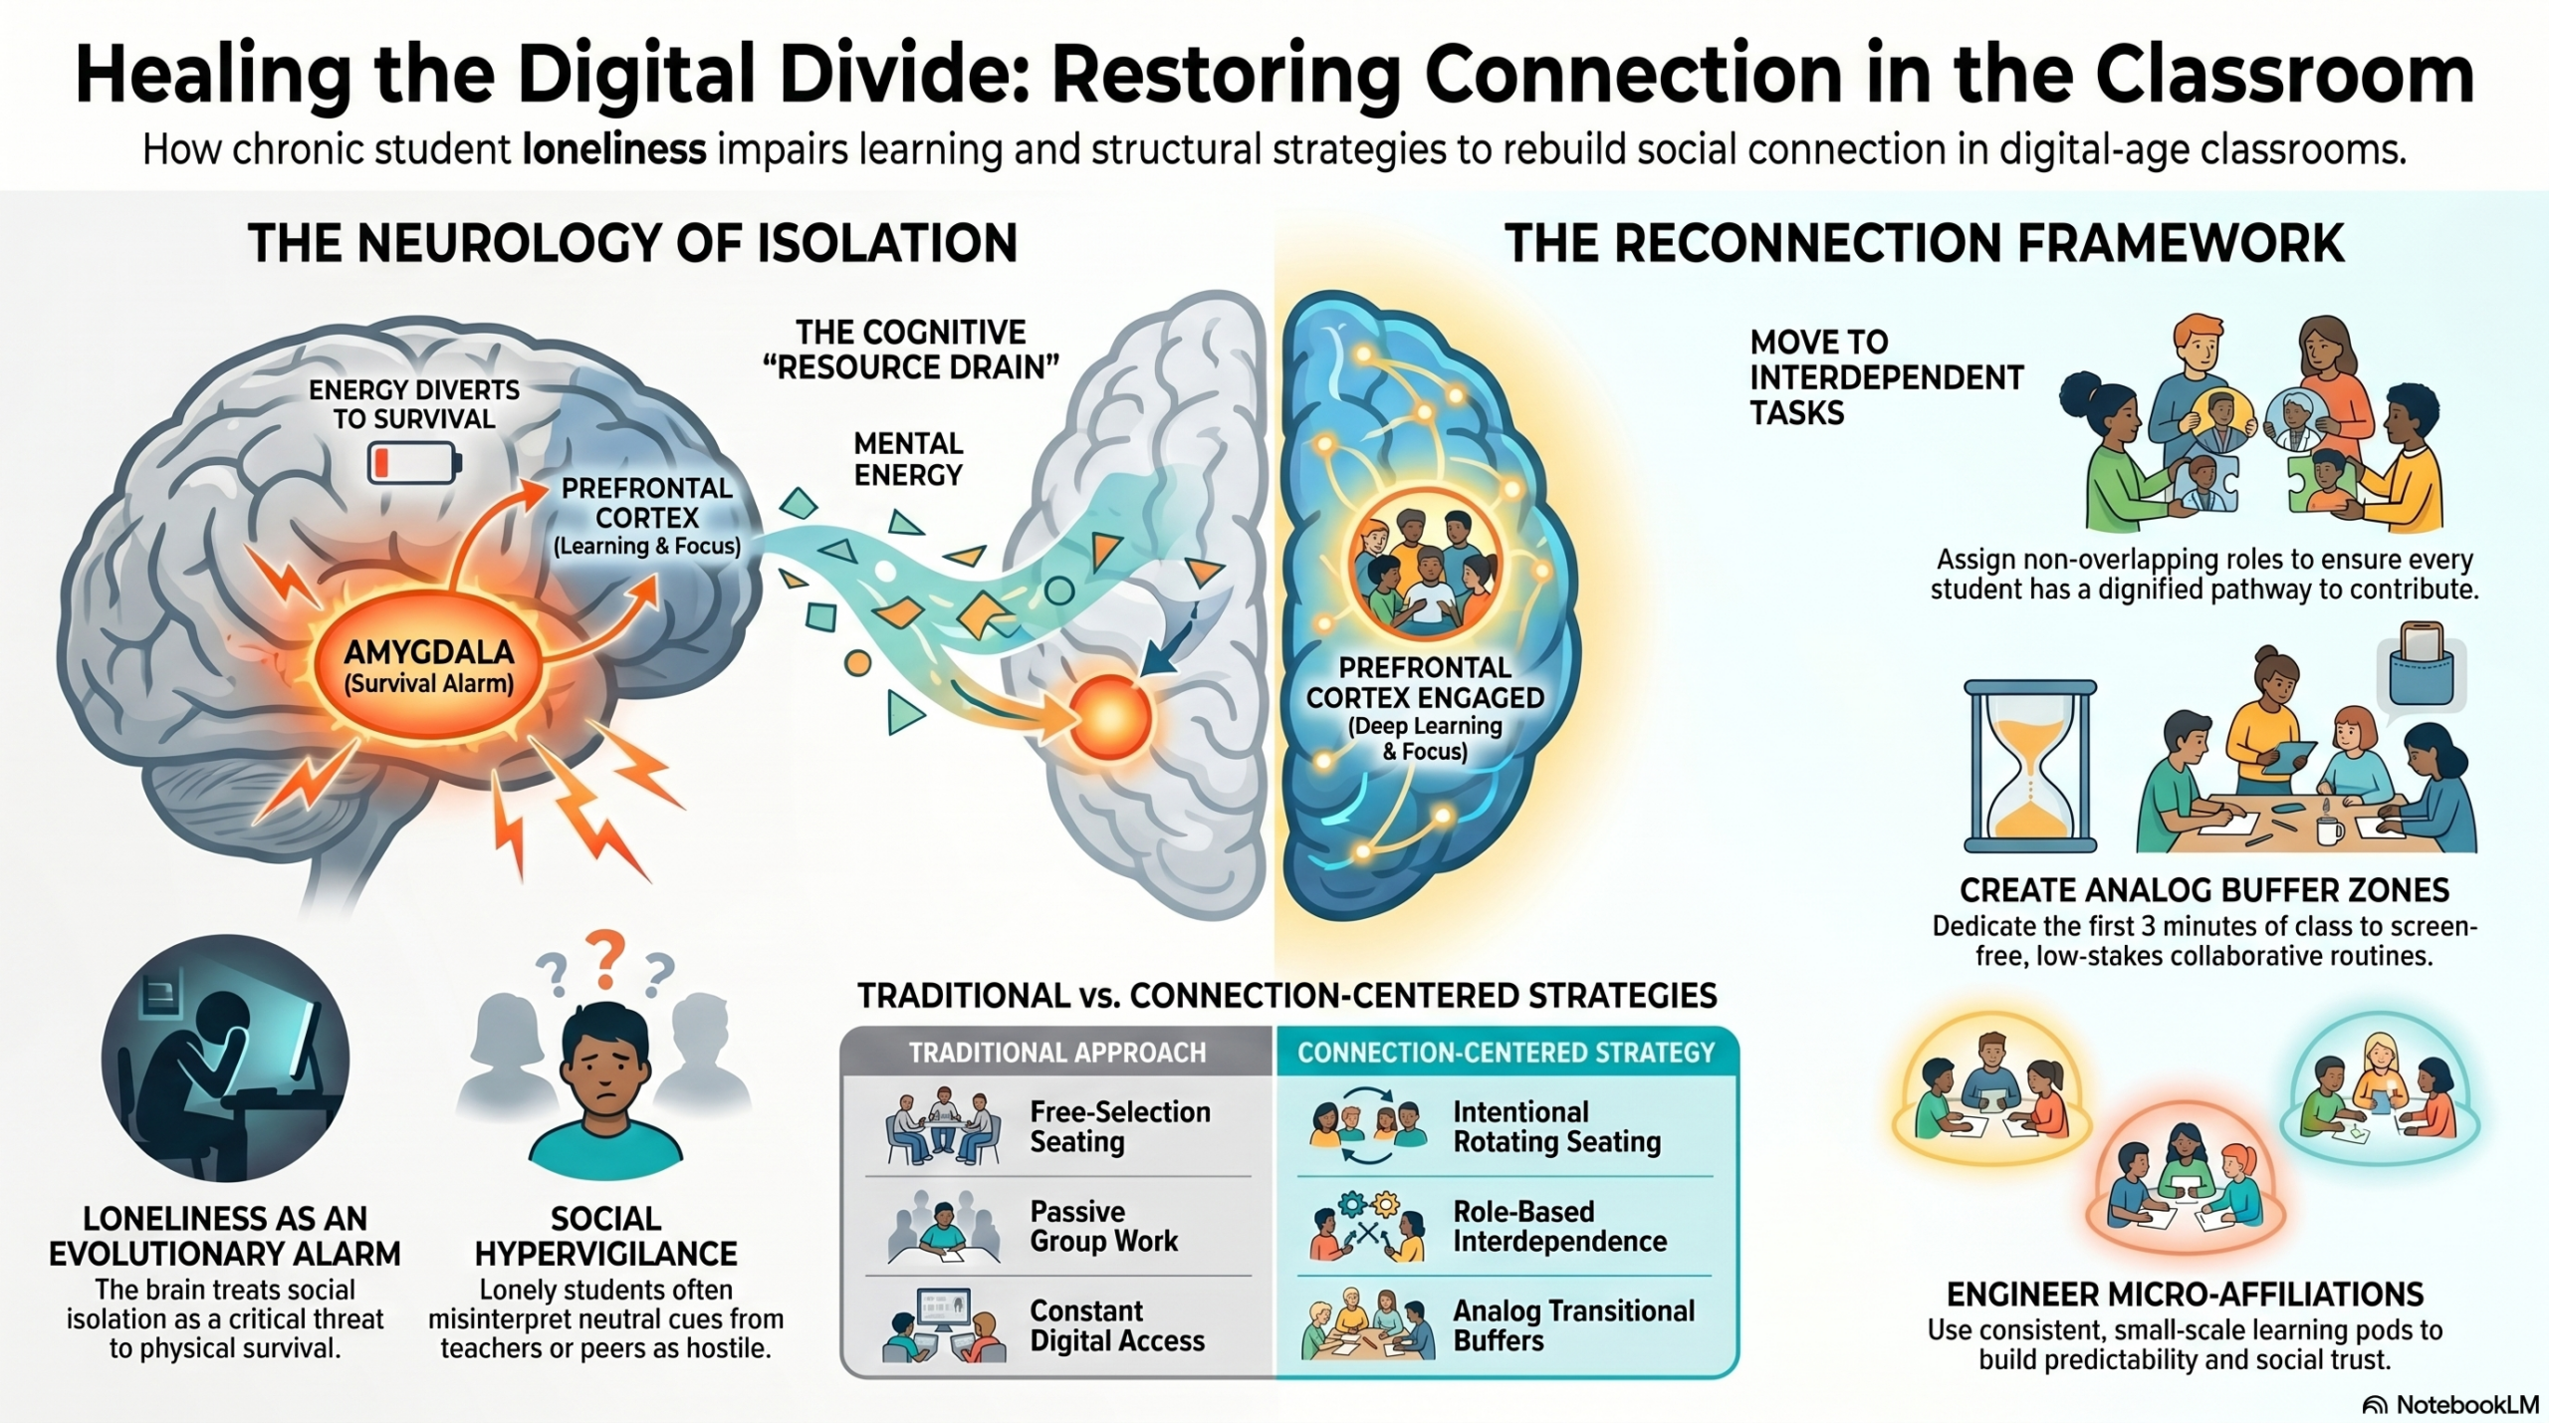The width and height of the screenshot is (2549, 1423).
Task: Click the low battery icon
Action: (x=414, y=463)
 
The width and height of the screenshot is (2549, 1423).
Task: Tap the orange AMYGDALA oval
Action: (x=429, y=667)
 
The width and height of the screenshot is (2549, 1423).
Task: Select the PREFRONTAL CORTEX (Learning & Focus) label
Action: (x=647, y=517)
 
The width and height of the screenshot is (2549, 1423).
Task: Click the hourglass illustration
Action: (x=2030, y=766)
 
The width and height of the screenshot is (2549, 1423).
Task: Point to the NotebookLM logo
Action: (x=2449, y=1404)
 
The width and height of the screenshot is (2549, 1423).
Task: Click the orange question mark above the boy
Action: (x=604, y=959)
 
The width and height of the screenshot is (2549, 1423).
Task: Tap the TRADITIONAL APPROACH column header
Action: (x=1057, y=1053)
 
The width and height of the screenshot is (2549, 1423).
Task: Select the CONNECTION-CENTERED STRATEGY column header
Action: (x=1506, y=1053)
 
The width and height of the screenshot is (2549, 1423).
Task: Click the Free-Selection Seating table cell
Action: (x=1057, y=1126)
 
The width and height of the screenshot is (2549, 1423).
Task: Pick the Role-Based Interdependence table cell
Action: (x=1506, y=1226)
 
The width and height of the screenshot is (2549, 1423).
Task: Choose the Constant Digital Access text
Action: (x=1117, y=1325)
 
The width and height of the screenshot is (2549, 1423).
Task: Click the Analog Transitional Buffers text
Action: (x=1573, y=1325)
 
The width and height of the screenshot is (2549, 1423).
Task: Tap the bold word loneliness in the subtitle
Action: (x=614, y=149)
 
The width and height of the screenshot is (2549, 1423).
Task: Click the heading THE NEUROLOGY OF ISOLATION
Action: (x=633, y=243)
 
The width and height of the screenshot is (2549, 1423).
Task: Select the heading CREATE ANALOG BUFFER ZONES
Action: (x=2204, y=889)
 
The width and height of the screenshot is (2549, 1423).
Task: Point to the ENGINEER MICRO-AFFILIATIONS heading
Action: (x=2185, y=1294)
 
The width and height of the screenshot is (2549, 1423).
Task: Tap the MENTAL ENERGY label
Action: (x=908, y=459)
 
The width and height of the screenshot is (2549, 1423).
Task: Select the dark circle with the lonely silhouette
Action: (x=225, y=1058)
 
